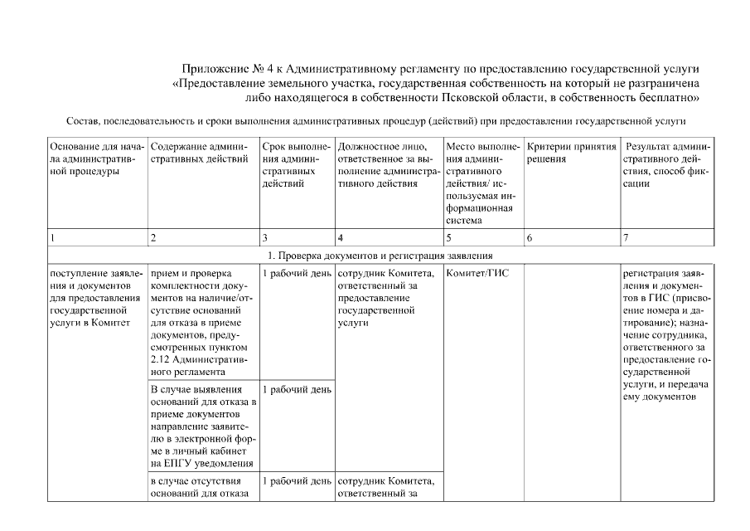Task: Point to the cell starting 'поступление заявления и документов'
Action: (x=95, y=298)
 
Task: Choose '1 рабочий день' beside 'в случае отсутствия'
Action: (x=296, y=480)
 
